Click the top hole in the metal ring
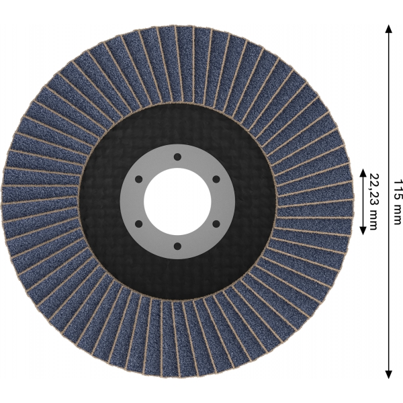pos(177,156)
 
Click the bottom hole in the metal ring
pos(177,247)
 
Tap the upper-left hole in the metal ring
pos(138,179)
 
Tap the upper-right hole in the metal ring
pos(216,179)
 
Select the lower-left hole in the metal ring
pos(138,224)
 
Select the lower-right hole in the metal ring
pos(216,224)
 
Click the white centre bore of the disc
pos(177,201)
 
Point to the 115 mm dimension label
pos(398,202)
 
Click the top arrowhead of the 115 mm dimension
pos(389,29)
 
